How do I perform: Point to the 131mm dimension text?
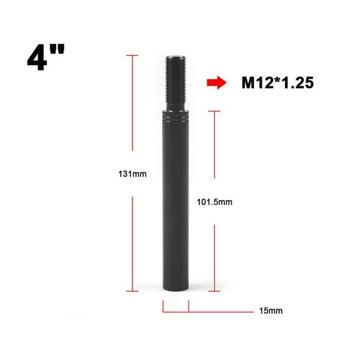pyautogui.click(x=132, y=174)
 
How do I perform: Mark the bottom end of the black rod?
pyautogui.click(x=176, y=289)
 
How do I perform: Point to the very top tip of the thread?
pyautogui.click(x=175, y=56)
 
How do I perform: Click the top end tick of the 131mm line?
pyautogui.click(x=132, y=56)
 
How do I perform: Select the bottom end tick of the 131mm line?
pyautogui.click(x=132, y=291)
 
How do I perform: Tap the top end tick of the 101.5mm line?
pyautogui.click(x=215, y=111)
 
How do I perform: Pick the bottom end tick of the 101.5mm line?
pyautogui.click(x=215, y=291)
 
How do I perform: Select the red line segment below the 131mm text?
pyautogui.click(x=132, y=244)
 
